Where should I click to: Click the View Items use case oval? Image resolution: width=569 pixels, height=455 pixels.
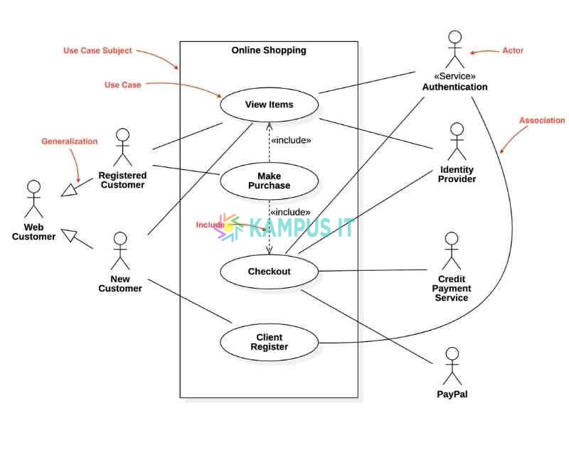(269, 105)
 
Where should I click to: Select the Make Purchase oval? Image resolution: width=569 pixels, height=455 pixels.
(269, 181)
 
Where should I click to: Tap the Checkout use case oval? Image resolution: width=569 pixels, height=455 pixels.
(269, 272)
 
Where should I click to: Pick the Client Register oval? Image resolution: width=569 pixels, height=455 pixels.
(269, 342)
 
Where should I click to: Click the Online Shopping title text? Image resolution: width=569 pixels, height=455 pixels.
(269, 50)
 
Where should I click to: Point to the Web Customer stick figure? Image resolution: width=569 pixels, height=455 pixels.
(33, 200)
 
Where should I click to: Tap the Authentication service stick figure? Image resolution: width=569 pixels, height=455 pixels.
(454, 49)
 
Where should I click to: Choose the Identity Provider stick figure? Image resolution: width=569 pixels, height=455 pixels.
(457, 141)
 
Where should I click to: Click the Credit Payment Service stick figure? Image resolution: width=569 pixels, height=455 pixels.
(452, 251)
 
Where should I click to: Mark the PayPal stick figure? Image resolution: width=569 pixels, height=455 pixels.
(452, 366)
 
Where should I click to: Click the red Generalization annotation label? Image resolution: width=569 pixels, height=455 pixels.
(69, 141)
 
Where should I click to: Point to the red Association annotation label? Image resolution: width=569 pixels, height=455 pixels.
(541, 121)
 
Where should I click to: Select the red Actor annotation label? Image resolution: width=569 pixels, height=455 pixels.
(513, 51)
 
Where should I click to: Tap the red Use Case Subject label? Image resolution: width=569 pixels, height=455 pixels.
(97, 51)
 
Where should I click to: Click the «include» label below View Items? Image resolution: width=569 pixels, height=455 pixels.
(290, 141)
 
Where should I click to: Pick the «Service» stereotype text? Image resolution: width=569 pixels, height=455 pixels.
(454, 76)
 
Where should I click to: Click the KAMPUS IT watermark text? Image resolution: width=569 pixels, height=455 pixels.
(302, 227)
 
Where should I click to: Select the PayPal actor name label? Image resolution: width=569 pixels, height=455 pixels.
(452, 394)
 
